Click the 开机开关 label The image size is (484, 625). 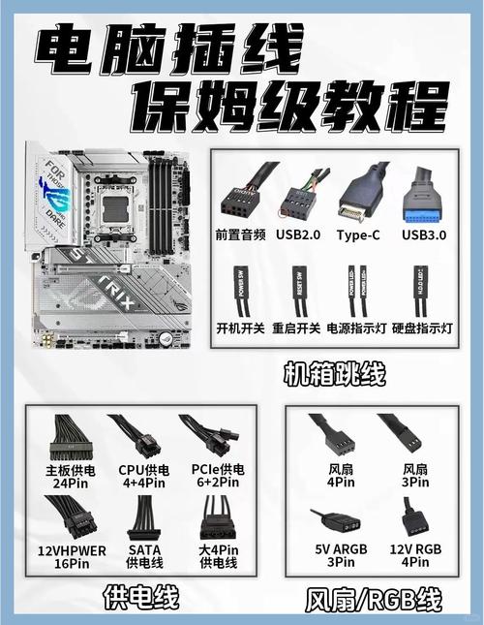(240, 328)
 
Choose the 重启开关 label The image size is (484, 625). (297, 328)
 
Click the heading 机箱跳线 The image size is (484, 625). (334, 372)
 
